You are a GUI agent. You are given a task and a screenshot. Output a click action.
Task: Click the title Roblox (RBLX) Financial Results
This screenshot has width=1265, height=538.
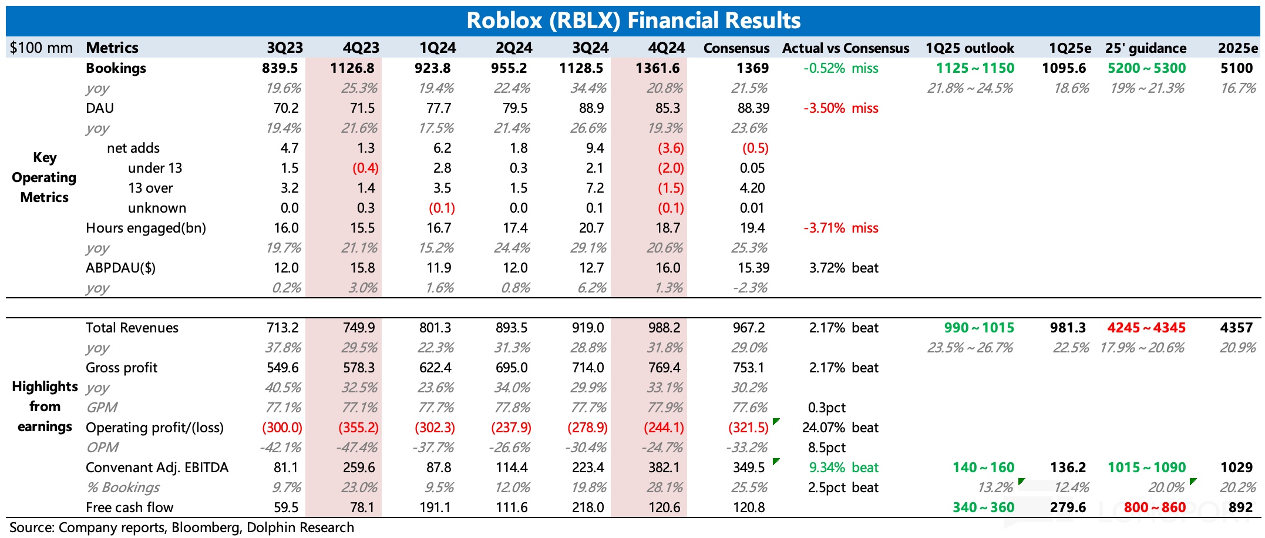(633, 21)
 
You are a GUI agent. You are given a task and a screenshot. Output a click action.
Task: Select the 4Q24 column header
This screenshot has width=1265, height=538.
(666, 48)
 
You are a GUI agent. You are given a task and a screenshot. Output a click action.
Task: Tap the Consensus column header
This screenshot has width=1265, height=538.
(736, 48)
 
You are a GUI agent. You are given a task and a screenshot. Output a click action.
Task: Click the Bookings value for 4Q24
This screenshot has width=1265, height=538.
(657, 68)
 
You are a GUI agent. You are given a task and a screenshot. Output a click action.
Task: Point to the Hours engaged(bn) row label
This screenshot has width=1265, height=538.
(146, 228)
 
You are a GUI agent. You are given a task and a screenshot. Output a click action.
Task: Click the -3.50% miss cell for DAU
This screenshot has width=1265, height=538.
(840, 108)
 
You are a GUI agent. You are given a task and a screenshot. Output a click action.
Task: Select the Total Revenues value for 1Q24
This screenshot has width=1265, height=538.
(435, 328)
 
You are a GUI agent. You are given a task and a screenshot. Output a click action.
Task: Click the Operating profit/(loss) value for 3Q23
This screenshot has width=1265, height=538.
(282, 428)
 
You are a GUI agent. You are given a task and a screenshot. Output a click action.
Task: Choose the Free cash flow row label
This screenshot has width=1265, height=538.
(129, 507)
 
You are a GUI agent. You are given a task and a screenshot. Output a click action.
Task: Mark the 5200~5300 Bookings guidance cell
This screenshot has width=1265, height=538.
(1146, 68)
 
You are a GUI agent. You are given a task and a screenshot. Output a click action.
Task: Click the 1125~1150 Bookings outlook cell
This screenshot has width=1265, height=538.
(975, 68)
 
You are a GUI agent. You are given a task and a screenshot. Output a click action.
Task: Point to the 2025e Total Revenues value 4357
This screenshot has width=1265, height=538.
(1236, 328)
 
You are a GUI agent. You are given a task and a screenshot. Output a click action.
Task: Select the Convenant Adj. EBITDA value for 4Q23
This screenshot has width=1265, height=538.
(359, 468)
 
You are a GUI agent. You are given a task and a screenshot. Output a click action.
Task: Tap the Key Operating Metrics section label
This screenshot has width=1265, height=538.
(44, 177)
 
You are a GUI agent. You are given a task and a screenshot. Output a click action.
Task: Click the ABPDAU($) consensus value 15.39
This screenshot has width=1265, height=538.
(753, 268)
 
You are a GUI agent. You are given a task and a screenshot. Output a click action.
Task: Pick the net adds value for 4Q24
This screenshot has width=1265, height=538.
(671, 148)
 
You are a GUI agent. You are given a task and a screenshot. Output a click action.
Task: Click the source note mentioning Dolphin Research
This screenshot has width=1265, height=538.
(181, 527)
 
